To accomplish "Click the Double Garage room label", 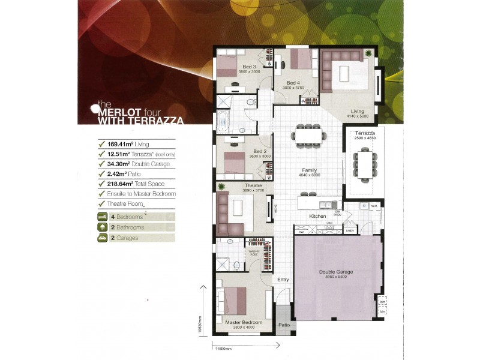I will coord(335,272).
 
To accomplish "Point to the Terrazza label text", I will coord(365,132).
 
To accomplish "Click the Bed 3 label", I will coord(250,67).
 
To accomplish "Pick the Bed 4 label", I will coord(293,83).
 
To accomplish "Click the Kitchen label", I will coord(317,216).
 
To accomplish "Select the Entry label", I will coord(283,280).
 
